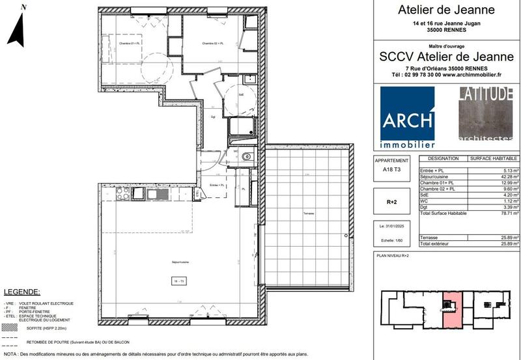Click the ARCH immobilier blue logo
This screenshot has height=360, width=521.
(408, 117)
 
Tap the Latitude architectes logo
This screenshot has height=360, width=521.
(485, 114)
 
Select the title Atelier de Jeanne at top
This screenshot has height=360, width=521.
(446, 10)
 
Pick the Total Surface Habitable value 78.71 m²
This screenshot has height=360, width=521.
(507, 214)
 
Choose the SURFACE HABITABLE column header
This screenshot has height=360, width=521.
(494, 159)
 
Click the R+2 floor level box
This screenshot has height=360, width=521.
(392, 202)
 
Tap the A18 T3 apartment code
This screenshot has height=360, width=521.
(392, 170)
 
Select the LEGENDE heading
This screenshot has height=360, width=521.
(22, 292)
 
